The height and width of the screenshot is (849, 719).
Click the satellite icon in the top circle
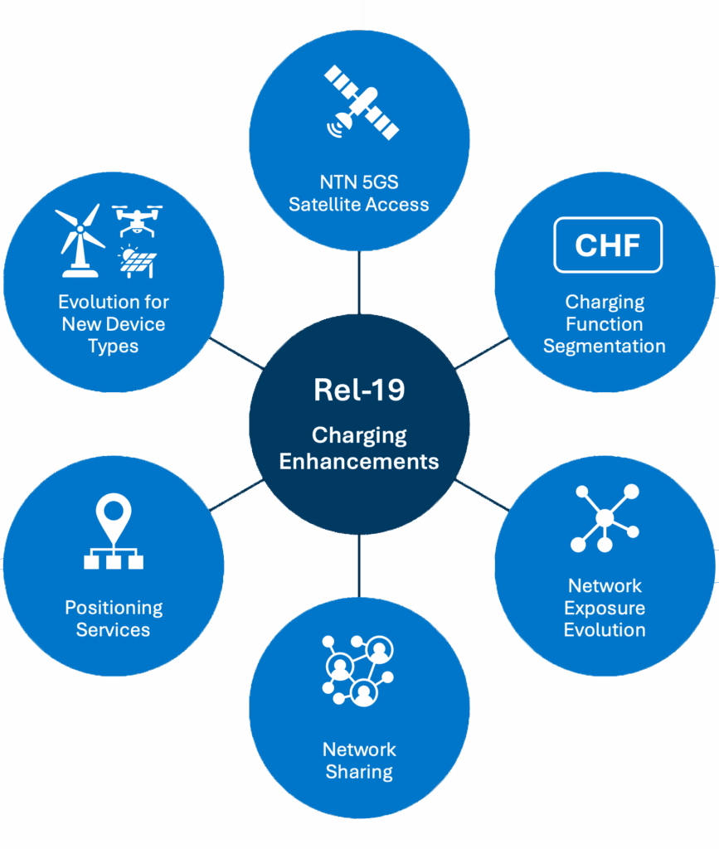(361, 103)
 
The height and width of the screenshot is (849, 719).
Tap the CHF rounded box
(608, 245)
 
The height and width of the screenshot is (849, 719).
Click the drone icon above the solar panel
(137, 221)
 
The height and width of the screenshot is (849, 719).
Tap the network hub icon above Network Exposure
(605, 518)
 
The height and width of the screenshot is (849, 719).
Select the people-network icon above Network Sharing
(359, 669)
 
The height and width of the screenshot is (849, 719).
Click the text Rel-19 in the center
(359, 390)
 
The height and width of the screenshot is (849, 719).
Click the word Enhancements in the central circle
(359, 461)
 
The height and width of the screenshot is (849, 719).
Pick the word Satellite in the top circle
(324, 204)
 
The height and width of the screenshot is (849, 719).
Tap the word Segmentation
(605, 346)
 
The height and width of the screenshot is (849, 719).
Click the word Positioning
(114, 608)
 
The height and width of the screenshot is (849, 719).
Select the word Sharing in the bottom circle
(359, 772)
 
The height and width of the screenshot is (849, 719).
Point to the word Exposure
(605, 608)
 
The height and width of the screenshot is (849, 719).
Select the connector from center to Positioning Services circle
(237, 496)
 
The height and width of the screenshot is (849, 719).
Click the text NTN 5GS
(359, 182)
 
